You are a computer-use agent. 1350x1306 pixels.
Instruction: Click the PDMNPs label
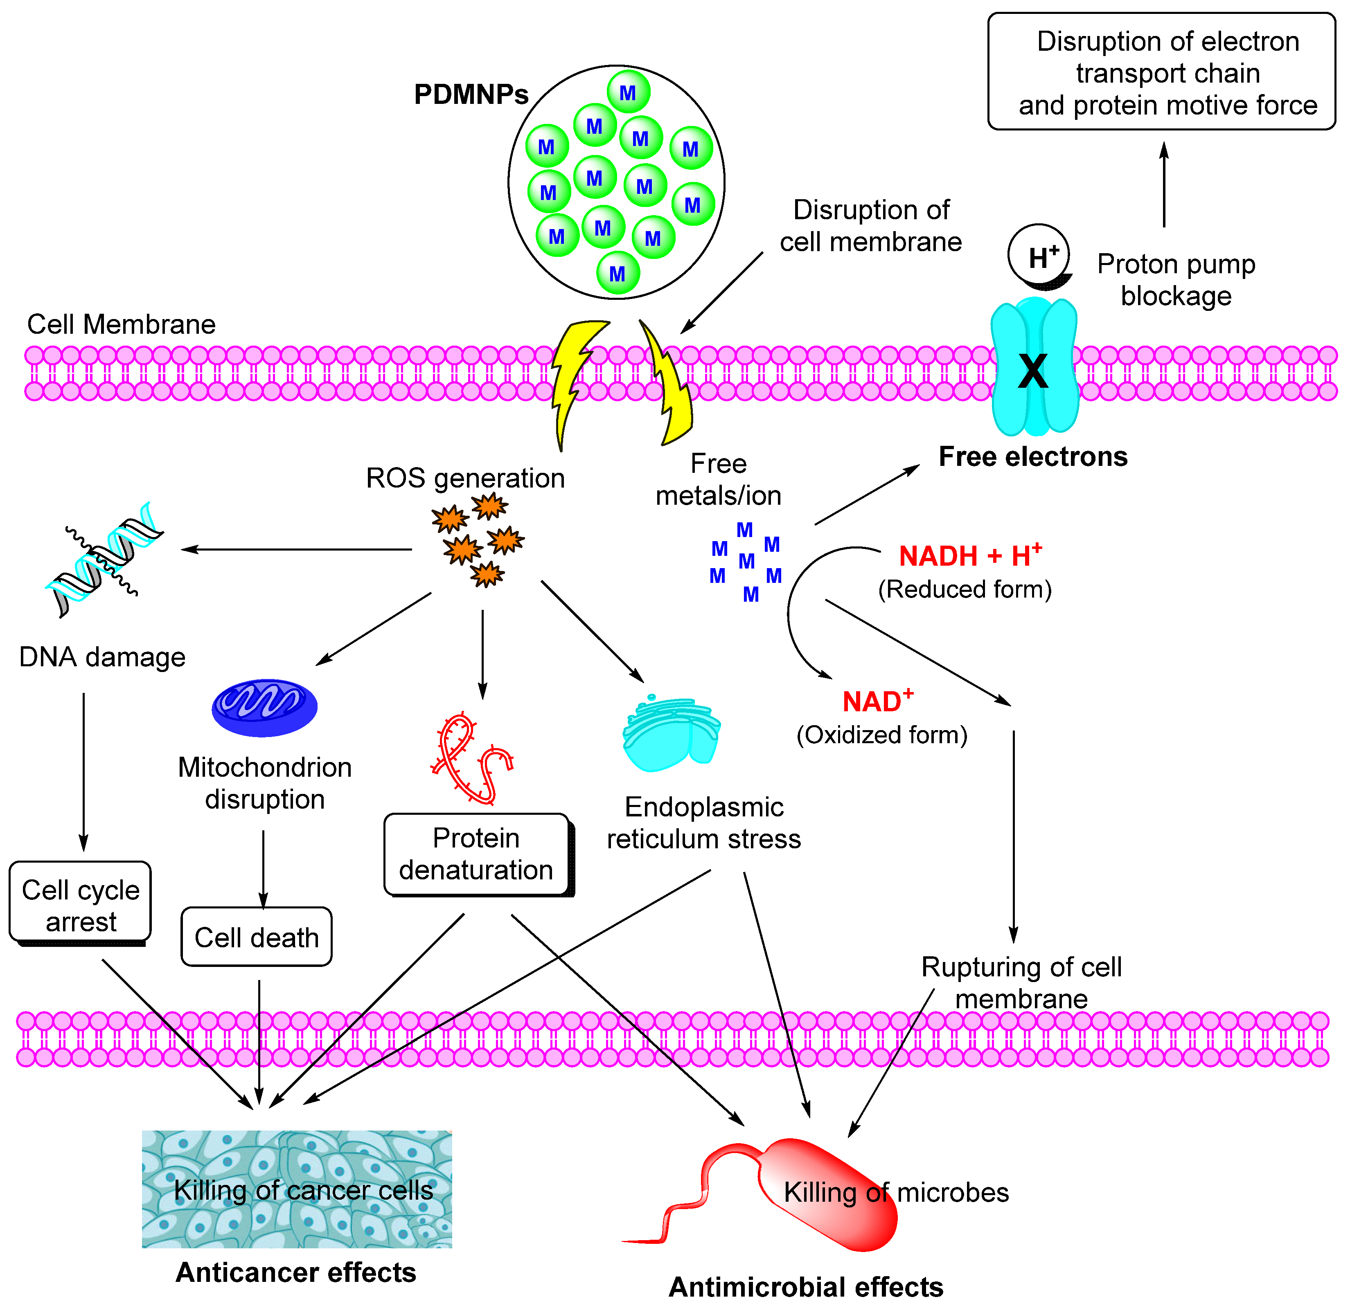471,94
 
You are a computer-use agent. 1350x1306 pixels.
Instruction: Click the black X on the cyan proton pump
1033,372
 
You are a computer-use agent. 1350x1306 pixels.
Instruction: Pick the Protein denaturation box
477,854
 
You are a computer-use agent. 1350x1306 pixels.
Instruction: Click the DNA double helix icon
103,559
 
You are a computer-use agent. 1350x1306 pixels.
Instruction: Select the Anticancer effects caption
296,1272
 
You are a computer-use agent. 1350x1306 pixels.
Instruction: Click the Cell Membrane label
121,324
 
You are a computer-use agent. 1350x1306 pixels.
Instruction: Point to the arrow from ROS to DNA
296,549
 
